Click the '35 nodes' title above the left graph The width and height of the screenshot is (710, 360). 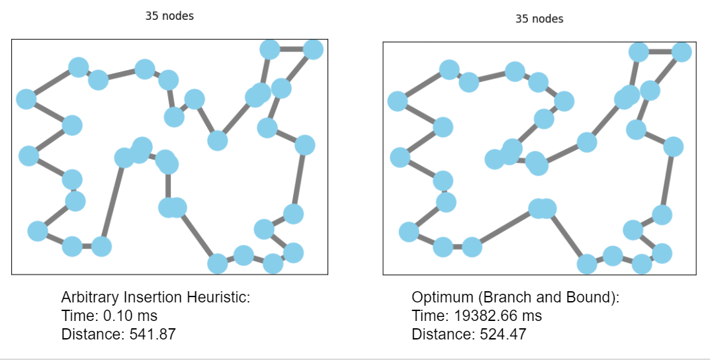pos(169,16)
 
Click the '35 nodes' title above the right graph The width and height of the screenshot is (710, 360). pos(539,19)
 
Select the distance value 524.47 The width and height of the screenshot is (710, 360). pos(501,334)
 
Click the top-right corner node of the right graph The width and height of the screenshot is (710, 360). pos(681,52)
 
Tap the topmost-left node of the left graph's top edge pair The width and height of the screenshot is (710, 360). pos(269,49)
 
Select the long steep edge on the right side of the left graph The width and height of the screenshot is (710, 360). pos(298,179)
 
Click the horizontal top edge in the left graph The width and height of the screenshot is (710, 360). pos(291,49)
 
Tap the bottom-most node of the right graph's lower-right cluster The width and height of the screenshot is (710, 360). pos(641,263)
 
